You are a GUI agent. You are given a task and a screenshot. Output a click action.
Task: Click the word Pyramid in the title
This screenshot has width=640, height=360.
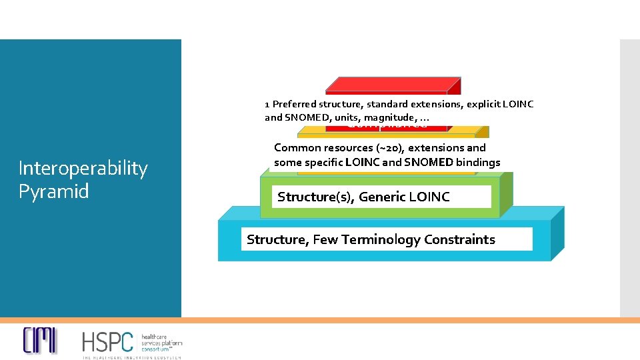pyautogui.click(x=53, y=192)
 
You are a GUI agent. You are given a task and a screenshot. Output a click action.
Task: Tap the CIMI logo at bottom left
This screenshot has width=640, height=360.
pyautogui.click(x=40, y=341)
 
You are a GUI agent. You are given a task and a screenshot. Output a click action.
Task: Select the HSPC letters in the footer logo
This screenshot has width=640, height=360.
pyautogui.click(x=107, y=341)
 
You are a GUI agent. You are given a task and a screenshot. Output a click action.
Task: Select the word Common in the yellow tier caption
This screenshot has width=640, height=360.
pyautogui.click(x=297, y=148)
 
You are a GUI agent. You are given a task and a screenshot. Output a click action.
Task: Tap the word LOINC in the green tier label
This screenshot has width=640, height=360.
pyautogui.click(x=430, y=197)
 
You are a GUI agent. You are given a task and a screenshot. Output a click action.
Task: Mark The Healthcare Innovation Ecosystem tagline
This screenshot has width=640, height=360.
pyautogui.click(x=132, y=357)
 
